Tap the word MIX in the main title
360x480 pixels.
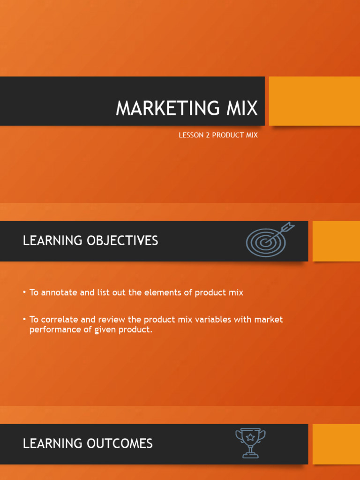(x=240, y=109)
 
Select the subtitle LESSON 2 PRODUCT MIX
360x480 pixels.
(x=218, y=135)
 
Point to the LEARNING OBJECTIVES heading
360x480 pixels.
(x=90, y=241)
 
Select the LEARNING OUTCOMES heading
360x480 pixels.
(x=88, y=443)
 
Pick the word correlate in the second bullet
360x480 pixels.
(x=60, y=320)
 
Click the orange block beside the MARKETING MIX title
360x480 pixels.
(x=314, y=101)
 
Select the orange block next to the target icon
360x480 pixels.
(x=336, y=241)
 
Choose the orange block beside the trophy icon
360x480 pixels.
(x=336, y=444)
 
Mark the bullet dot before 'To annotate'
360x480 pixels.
(x=24, y=292)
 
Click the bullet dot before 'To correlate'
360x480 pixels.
(x=24, y=320)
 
